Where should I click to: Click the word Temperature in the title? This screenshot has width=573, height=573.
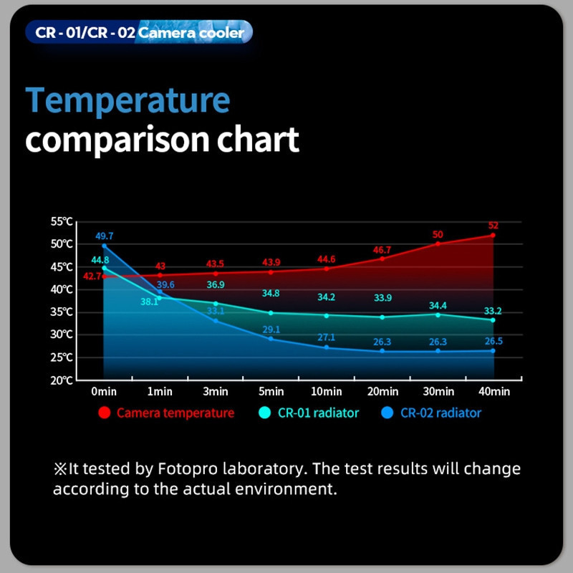pos(127,101)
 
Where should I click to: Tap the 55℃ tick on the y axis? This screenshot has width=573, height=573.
pos(62,221)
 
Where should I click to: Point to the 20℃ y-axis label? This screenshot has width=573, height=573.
pos(62,380)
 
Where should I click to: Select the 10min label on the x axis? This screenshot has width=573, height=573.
pos(327,392)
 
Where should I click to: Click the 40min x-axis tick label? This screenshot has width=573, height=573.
pos(494,392)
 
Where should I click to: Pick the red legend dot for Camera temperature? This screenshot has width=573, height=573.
pos(105,413)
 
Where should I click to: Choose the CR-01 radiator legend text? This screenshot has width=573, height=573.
pos(318,413)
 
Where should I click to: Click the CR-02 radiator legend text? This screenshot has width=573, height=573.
pos(440,413)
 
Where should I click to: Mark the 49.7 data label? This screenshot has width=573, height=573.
pos(105,236)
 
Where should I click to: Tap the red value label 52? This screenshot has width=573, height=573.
pos(493,226)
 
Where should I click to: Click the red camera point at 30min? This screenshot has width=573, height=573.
pos(438,244)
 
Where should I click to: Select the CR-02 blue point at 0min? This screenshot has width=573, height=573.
pos(104,246)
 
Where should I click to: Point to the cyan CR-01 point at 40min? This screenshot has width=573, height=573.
pos(493,320)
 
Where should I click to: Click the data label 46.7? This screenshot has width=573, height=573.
pos(382,250)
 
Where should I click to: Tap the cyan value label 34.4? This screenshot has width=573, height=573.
pos(438,305)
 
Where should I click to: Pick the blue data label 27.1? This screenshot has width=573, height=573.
pos(327,337)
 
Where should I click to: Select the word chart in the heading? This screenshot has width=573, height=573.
pos(258,139)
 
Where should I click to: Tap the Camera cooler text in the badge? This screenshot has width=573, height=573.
pos(191,33)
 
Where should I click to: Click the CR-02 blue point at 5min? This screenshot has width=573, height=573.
pos(271,339)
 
